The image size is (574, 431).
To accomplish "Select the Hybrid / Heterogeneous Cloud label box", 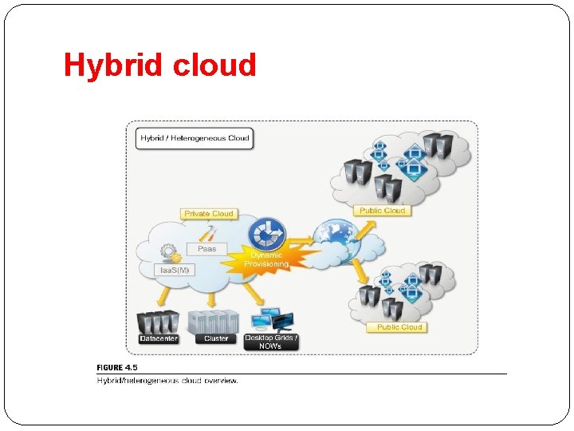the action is click(x=195, y=138).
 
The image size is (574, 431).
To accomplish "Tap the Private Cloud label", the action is click(x=209, y=213).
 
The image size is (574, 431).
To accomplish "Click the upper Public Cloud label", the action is click(x=382, y=211).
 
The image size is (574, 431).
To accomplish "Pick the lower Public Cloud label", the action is click(x=399, y=327).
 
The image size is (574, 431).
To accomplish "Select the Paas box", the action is click(x=206, y=249).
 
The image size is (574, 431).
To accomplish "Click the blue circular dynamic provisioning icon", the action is click(x=267, y=235).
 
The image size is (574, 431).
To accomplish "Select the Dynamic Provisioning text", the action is click(x=267, y=259).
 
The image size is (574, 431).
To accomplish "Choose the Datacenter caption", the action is click(x=158, y=338).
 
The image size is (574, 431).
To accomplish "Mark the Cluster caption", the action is click(x=216, y=338).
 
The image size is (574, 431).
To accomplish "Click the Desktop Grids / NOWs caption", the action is click(x=271, y=342).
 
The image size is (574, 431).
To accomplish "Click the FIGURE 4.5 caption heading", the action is click(x=117, y=368).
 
